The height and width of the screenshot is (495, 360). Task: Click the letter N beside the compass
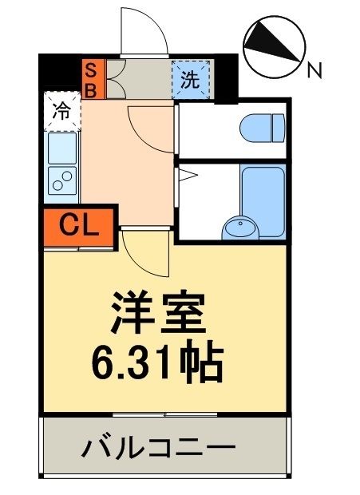(315, 70)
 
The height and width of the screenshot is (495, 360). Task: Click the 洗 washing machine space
(190, 78)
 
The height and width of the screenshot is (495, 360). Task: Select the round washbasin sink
(239, 228)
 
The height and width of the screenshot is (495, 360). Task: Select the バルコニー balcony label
(158, 448)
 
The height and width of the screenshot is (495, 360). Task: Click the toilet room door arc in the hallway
(148, 124)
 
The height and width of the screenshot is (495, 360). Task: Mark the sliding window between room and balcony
(166, 414)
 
